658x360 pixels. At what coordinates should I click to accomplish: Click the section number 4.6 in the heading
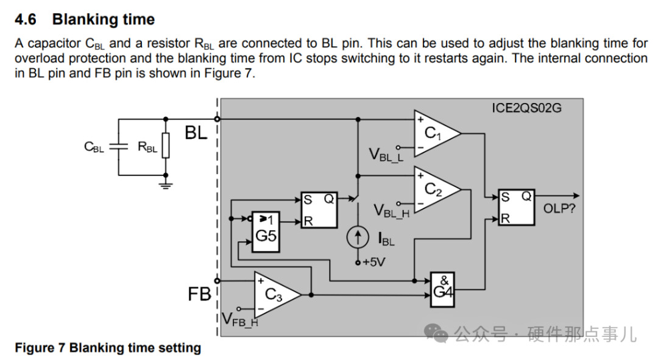[x=26, y=19]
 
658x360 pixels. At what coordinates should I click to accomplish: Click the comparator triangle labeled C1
[x=434, y=132]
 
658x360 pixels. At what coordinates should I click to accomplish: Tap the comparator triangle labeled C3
[x=275, y=294]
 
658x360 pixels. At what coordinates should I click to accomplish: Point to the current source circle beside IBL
[x=358, y=238]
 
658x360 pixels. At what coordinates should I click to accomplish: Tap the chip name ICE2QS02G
[x=526, y=108]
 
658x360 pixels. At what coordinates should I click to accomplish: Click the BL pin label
[x=196, y=133]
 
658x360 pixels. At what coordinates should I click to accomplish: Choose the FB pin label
[x=199, y=295]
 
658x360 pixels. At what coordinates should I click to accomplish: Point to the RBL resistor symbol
[x=164, y=147]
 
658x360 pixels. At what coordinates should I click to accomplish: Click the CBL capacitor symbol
[x=119, y=147]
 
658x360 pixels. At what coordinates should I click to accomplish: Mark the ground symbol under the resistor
[x=164, y=182]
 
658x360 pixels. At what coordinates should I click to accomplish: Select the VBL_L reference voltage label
[x=386, y=155]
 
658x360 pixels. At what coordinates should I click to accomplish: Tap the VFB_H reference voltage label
[x=239, y=319]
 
